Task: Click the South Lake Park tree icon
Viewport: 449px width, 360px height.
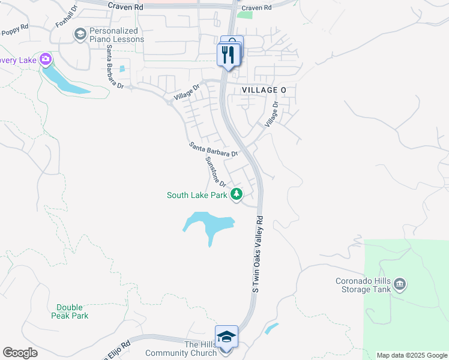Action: [237, 194]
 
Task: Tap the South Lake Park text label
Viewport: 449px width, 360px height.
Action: [197, 195]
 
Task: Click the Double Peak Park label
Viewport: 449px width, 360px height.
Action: [70, 311]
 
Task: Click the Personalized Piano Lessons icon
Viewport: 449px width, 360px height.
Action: [80, 35]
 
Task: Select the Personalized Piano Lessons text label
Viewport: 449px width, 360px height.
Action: [117, 35]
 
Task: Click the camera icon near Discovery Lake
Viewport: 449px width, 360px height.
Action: [45, 59]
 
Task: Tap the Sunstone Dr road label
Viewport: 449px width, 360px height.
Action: [215, 172]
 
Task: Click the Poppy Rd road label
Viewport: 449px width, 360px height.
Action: [14, 31]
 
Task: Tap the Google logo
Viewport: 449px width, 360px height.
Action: [20, 353]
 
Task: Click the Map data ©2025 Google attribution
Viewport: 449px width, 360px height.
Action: [411, 355]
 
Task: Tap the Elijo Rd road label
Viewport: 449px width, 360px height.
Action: [118, 348]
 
